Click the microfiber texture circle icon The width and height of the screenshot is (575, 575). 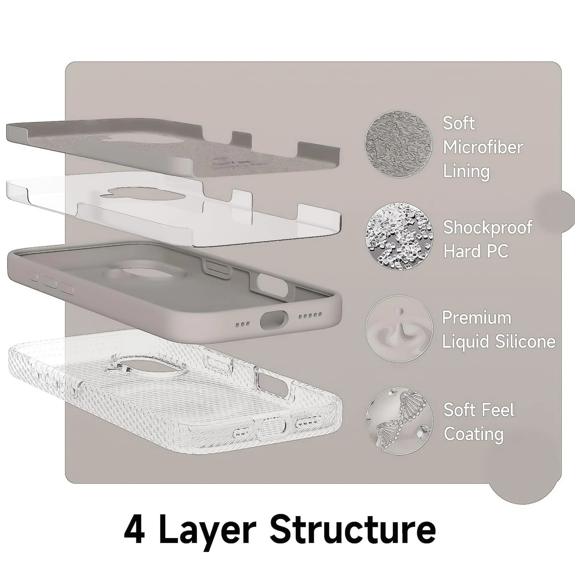399,144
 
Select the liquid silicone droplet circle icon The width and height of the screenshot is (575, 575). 399,328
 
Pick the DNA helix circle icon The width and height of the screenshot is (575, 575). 399,421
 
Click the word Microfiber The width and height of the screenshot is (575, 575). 483,147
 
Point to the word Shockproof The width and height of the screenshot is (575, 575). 488,227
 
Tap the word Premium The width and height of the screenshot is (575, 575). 477,318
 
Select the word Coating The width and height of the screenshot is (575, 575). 474,434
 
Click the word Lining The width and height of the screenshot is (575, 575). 466,171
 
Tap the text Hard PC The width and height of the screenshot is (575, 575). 476,251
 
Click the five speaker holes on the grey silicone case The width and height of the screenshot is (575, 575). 311,315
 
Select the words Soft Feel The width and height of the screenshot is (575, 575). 479,410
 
